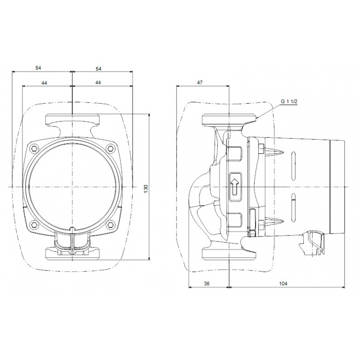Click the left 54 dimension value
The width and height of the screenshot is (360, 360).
[38, 68]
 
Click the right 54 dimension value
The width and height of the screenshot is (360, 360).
[98, 68]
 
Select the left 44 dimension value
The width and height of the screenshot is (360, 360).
[44, 82]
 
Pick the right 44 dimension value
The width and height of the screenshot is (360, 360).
[98, 82]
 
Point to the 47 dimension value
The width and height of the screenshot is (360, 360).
[200, 82]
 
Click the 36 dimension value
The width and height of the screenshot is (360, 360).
[207, 284]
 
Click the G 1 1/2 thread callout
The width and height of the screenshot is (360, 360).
[289, 102]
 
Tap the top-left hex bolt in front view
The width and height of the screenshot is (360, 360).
[35, 148]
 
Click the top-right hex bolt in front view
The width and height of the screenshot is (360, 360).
[110, 148]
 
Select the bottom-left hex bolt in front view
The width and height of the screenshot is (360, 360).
[35, 225]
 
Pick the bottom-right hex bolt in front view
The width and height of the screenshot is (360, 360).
[110, 225]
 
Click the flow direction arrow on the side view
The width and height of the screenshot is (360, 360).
[234, 186]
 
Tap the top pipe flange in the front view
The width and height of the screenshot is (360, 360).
[72, 119]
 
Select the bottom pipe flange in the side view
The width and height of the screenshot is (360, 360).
[229, 253]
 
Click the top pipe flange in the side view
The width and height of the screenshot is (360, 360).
[229, 119]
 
